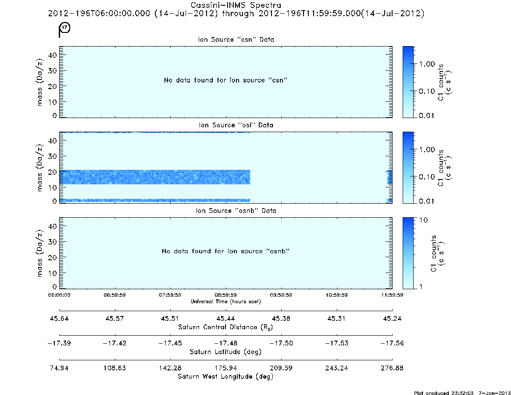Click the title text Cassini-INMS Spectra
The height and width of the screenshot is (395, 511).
236,5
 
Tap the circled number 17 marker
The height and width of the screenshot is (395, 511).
65,27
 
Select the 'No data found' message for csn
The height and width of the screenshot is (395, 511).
225,80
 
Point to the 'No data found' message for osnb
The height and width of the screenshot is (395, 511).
225,251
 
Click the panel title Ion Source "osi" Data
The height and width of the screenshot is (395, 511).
236,125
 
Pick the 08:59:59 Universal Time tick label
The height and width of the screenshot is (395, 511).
225,295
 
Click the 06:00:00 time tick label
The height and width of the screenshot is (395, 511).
59,295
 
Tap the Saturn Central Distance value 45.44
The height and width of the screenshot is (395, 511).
225,318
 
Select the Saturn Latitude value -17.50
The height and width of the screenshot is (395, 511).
281,343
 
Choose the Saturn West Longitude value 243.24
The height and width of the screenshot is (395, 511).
336,368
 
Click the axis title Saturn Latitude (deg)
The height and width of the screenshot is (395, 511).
225,352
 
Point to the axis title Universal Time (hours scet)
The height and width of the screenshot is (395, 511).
225,302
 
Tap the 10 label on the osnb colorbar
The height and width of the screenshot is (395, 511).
423,220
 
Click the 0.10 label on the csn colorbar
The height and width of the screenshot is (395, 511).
427,91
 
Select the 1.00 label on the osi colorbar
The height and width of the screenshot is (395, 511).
427,150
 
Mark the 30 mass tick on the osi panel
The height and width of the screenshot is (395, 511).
53,156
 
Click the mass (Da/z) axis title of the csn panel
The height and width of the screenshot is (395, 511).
39,82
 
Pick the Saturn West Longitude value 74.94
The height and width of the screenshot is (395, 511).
59,368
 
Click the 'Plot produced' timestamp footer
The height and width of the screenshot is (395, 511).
462,393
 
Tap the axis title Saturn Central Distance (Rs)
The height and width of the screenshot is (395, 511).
225,327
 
